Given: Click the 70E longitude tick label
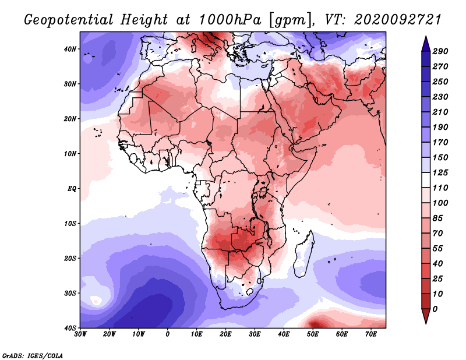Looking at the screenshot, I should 370,334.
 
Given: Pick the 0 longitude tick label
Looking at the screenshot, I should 168,334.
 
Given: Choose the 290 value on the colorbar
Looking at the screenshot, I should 440,52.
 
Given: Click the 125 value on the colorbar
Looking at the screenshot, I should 440,174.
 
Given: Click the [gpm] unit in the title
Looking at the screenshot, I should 286,20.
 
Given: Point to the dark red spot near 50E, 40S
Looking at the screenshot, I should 315,323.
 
